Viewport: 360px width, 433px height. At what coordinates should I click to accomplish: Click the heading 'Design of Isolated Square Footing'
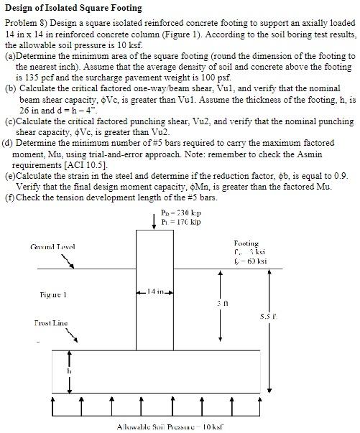(73, 8)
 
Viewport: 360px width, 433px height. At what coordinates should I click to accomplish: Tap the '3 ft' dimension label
(224, 302)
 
